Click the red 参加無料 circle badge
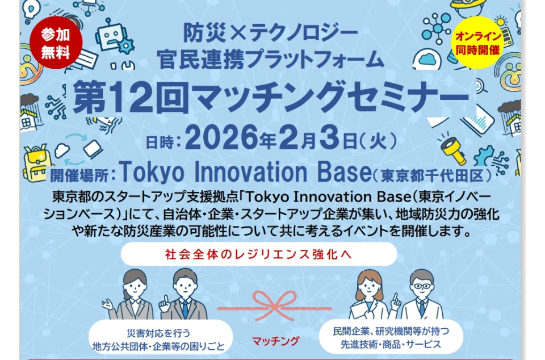(x=56, y=43)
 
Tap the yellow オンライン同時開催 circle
(x=477, y=42)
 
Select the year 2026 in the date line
(x=221, y=138)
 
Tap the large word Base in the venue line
(x=345, y=171)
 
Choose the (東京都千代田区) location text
(x=433, y=176)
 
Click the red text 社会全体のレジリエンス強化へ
(x=259, y=254)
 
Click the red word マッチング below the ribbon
(x=275, y=341)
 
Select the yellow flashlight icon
(x=453, y=149)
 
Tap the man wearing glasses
(x=422, y=295)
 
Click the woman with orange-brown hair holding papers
(x=370, y=295)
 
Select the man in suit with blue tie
(x=184, y=294)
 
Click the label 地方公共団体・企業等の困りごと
(x=159, y=346)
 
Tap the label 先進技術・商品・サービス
(x=391, y=344)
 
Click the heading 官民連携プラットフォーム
(x=270, y=60)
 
